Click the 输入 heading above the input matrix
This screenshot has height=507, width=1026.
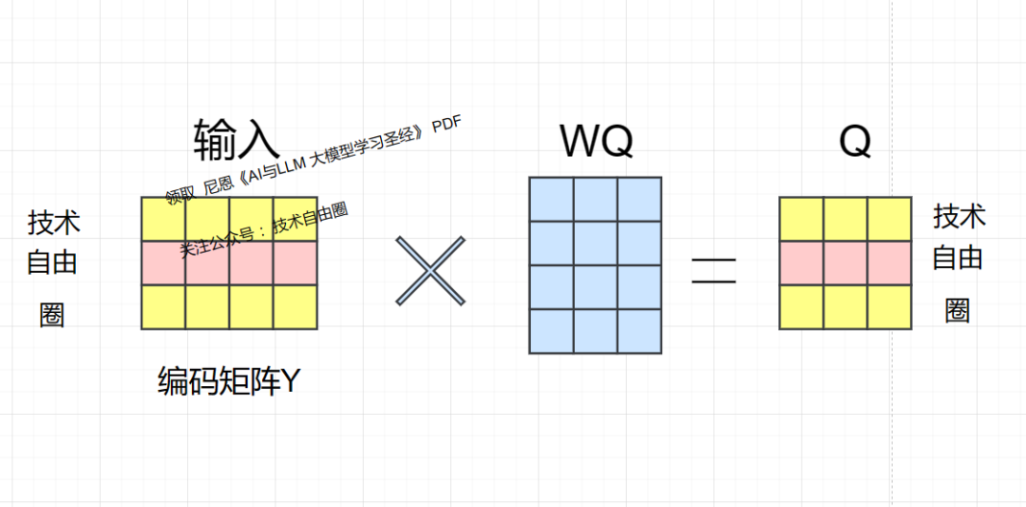(237, 139)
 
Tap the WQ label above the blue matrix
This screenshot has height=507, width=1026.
(596, 143)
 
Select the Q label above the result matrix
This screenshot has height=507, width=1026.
(855, 143)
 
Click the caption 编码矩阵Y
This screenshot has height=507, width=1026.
(229, 382)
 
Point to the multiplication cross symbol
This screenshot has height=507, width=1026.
(431, 271)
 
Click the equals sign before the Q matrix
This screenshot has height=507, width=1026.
(713, 271)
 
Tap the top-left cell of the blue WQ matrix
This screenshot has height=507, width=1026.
(551, 199)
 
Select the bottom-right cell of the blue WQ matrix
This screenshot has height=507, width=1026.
(639, 331)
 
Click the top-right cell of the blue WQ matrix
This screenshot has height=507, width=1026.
(639, 199)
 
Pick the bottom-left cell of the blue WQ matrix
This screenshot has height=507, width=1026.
(551, 331)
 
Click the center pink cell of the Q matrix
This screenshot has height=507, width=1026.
(845, 263)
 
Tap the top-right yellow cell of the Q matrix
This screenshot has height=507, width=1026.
(889, 219)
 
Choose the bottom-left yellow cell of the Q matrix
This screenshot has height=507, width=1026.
(801, 306)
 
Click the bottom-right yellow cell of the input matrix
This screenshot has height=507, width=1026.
(294, 306)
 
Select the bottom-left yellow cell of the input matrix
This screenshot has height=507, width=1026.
(163, 306)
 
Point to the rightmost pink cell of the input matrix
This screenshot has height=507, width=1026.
(294, 263)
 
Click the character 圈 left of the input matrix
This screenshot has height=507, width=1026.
(52, 315)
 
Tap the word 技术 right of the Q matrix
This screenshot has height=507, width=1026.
(959, 217)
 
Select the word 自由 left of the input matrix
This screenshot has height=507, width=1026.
(52, 263)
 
